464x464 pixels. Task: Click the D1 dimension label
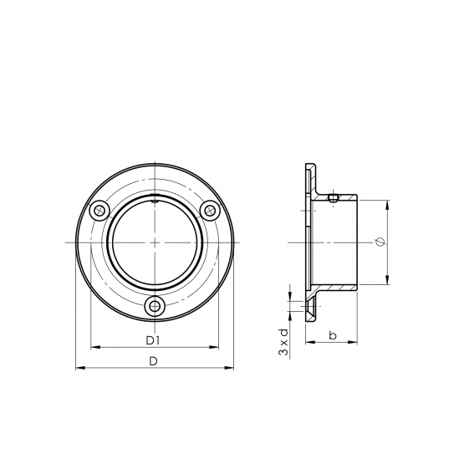pos(153,340)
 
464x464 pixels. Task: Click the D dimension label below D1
pos(153,361)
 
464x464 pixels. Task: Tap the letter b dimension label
pos(333,335)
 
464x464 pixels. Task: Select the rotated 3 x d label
pos(283,342)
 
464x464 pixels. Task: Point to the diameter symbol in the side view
pos(380,242)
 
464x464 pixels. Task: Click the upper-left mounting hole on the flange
pos(99,211)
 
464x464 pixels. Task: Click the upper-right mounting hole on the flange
pos(210,211)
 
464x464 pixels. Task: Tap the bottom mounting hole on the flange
pos(154,306)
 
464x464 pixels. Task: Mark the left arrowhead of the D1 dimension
pos(95,347)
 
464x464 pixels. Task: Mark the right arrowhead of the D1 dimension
pos(214,347)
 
